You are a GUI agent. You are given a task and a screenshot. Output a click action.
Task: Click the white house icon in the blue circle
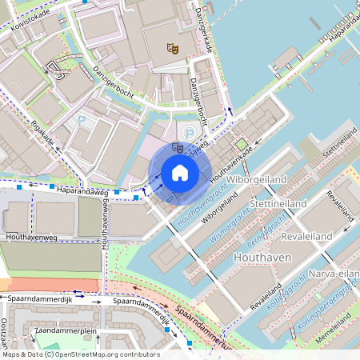180,172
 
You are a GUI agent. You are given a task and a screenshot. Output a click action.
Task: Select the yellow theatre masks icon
170,50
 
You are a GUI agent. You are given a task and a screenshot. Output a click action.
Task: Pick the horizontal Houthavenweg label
30,238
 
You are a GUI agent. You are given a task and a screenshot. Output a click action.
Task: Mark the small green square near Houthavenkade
240,144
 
